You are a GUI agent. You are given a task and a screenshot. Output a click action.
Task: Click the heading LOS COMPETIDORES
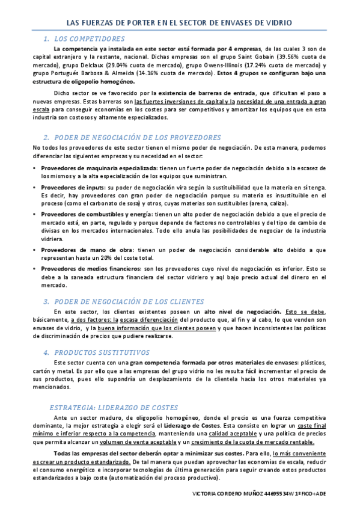[x=89, y=38]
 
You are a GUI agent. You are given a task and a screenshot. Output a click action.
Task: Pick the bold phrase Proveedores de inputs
[x=72, y=188]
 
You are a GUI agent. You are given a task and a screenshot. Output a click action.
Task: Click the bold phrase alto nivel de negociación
[x=243, y=312]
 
